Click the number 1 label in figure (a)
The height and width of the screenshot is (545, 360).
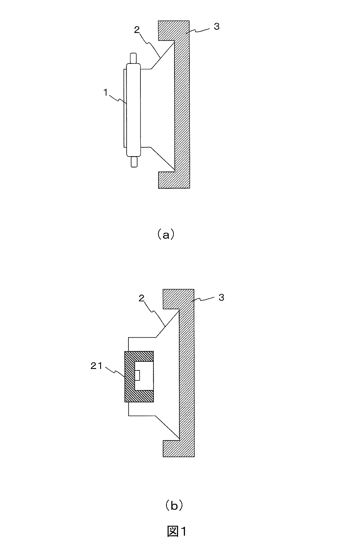point(106,93)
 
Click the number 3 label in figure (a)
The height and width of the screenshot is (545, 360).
point(217,26)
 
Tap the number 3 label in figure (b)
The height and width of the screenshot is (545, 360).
point(221,298)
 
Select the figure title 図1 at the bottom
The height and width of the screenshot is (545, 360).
point(176,532)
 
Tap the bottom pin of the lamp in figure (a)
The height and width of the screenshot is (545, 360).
point(134,161)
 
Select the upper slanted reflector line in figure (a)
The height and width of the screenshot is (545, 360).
point(163,56)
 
